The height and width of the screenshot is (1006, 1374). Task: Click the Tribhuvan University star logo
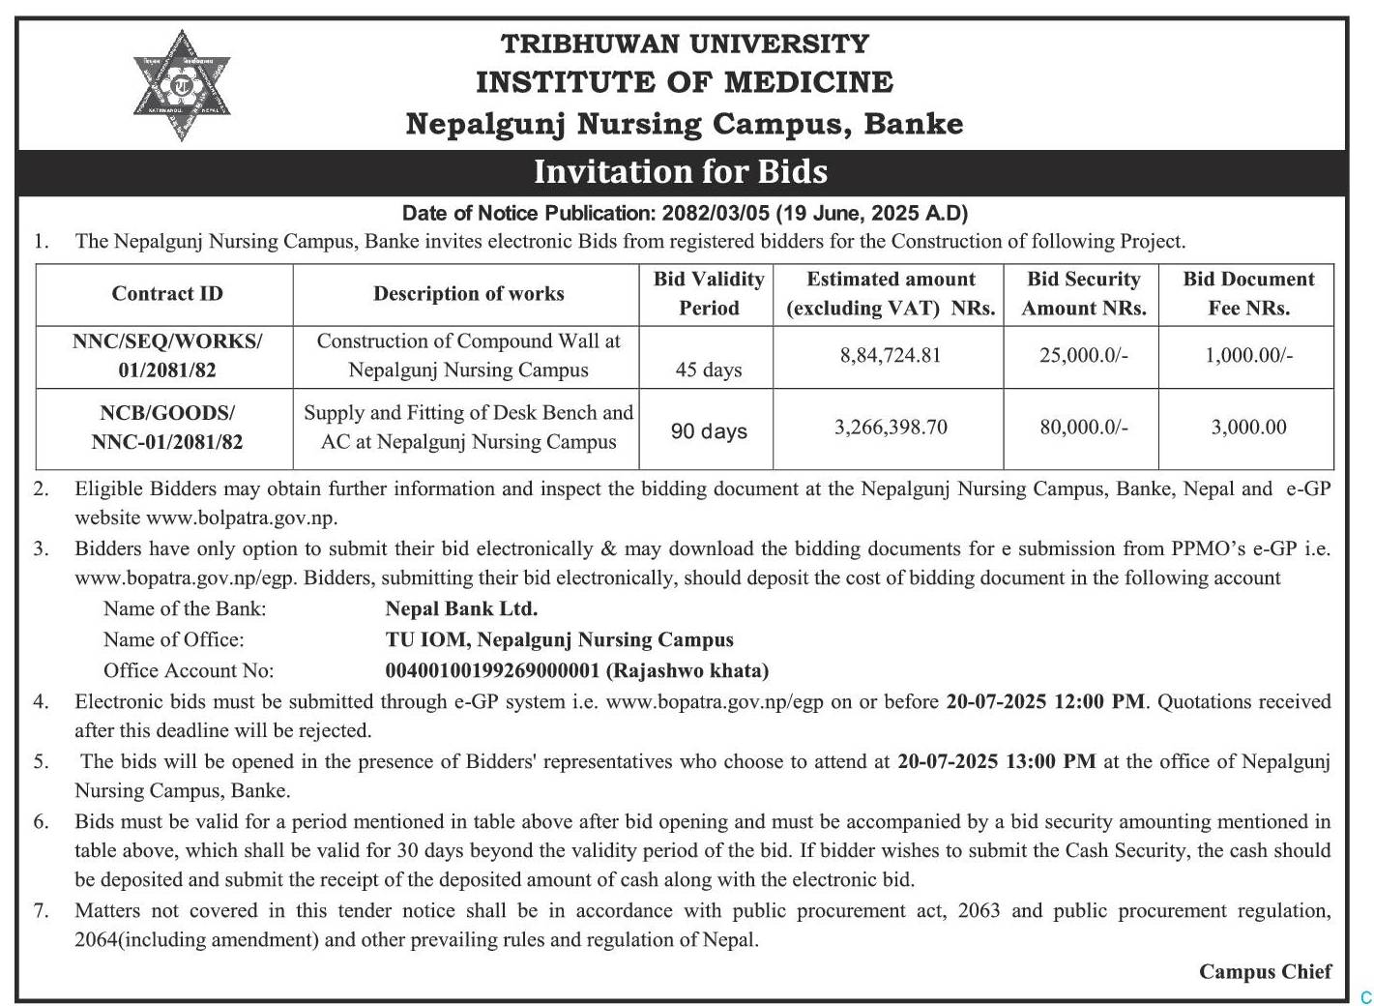[182, 86]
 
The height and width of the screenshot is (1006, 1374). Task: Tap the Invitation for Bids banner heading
[681, 172]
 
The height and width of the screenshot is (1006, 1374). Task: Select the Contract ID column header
[167, 294]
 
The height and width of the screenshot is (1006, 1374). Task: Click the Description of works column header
[468, 294]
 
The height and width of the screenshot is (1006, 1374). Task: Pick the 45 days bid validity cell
[709, 370]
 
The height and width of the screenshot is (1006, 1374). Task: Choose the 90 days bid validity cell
[709, 431]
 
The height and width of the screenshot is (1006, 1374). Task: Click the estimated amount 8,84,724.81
[890, 355]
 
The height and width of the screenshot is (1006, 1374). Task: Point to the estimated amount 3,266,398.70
[891, 428]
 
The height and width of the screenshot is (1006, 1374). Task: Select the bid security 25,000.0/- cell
[1084, 355]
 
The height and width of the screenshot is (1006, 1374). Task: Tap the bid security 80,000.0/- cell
[1084, 428]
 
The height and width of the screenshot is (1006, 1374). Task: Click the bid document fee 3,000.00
[1248, 428]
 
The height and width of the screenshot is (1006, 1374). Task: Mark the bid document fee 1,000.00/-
[1248, 355]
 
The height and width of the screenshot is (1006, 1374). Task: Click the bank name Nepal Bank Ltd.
[461, 608]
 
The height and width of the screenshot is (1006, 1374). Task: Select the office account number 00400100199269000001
[493, 670]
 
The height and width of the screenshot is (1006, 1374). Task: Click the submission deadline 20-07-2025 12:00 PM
[1045, 701]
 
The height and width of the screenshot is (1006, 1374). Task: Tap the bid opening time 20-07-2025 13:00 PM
[996, 761]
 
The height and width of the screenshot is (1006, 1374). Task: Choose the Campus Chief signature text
[1265, 971]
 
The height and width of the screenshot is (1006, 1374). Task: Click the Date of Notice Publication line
[685, 213]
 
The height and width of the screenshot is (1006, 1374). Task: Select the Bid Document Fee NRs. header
[1248, 294]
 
